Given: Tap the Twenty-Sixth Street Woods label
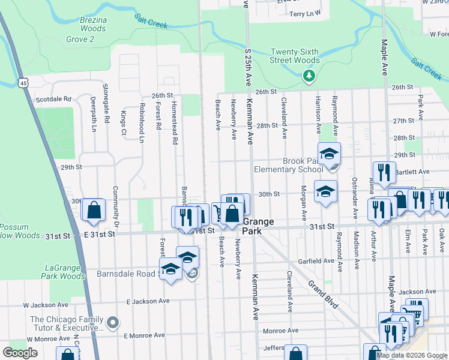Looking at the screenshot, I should point(295,56).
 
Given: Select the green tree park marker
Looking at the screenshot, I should point(309,76).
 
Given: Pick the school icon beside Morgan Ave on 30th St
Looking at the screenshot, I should point(325,191).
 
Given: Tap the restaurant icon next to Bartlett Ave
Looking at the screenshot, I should point(384,172).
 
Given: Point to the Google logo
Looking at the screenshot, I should point(20,353).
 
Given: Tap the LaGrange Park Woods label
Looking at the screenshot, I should point(65,272).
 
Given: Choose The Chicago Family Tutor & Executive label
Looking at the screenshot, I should point(67,324).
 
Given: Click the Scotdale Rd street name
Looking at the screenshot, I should point(53,100).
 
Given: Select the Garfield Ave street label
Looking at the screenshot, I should point(316,261).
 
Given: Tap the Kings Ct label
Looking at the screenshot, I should point(123,122).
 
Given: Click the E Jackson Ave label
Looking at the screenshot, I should point(148,301).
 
